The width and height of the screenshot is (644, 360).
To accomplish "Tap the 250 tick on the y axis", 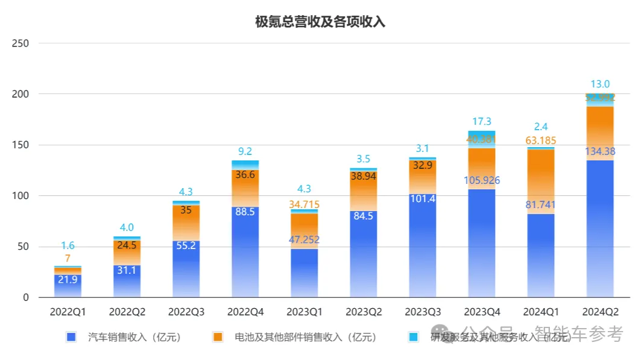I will point(21,43).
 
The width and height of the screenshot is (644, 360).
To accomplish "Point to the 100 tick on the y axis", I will point(21,196).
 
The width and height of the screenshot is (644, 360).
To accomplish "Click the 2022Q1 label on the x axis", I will point(68,312).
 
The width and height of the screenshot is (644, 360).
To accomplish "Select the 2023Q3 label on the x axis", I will point(422,312).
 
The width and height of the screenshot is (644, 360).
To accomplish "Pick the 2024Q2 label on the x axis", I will point(600,312).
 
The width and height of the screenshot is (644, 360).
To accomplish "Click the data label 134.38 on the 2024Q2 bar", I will point(600,151).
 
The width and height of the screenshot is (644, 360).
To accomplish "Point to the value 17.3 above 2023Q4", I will point(482,122).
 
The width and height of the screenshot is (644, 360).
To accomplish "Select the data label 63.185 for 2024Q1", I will point(541,141).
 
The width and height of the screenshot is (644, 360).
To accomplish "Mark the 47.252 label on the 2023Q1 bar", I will point(304,239).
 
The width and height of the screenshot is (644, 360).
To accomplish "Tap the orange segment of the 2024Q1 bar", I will point(541,181).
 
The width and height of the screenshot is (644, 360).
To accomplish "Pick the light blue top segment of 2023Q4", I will point(482,134).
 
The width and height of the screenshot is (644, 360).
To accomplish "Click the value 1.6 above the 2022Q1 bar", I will point(68,245).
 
